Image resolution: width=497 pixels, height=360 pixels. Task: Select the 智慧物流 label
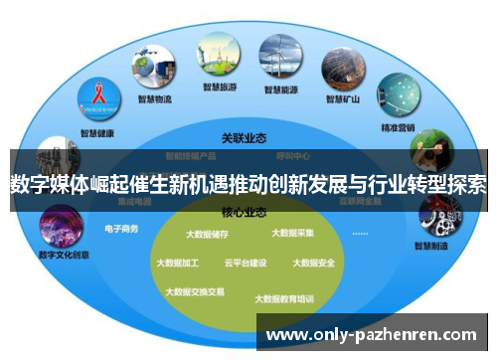pos(155,99)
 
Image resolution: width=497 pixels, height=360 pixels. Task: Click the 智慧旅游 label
pos(218,88)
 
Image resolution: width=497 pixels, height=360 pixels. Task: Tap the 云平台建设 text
pos(246,264)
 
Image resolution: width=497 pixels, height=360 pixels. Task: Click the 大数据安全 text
pos(313,264)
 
